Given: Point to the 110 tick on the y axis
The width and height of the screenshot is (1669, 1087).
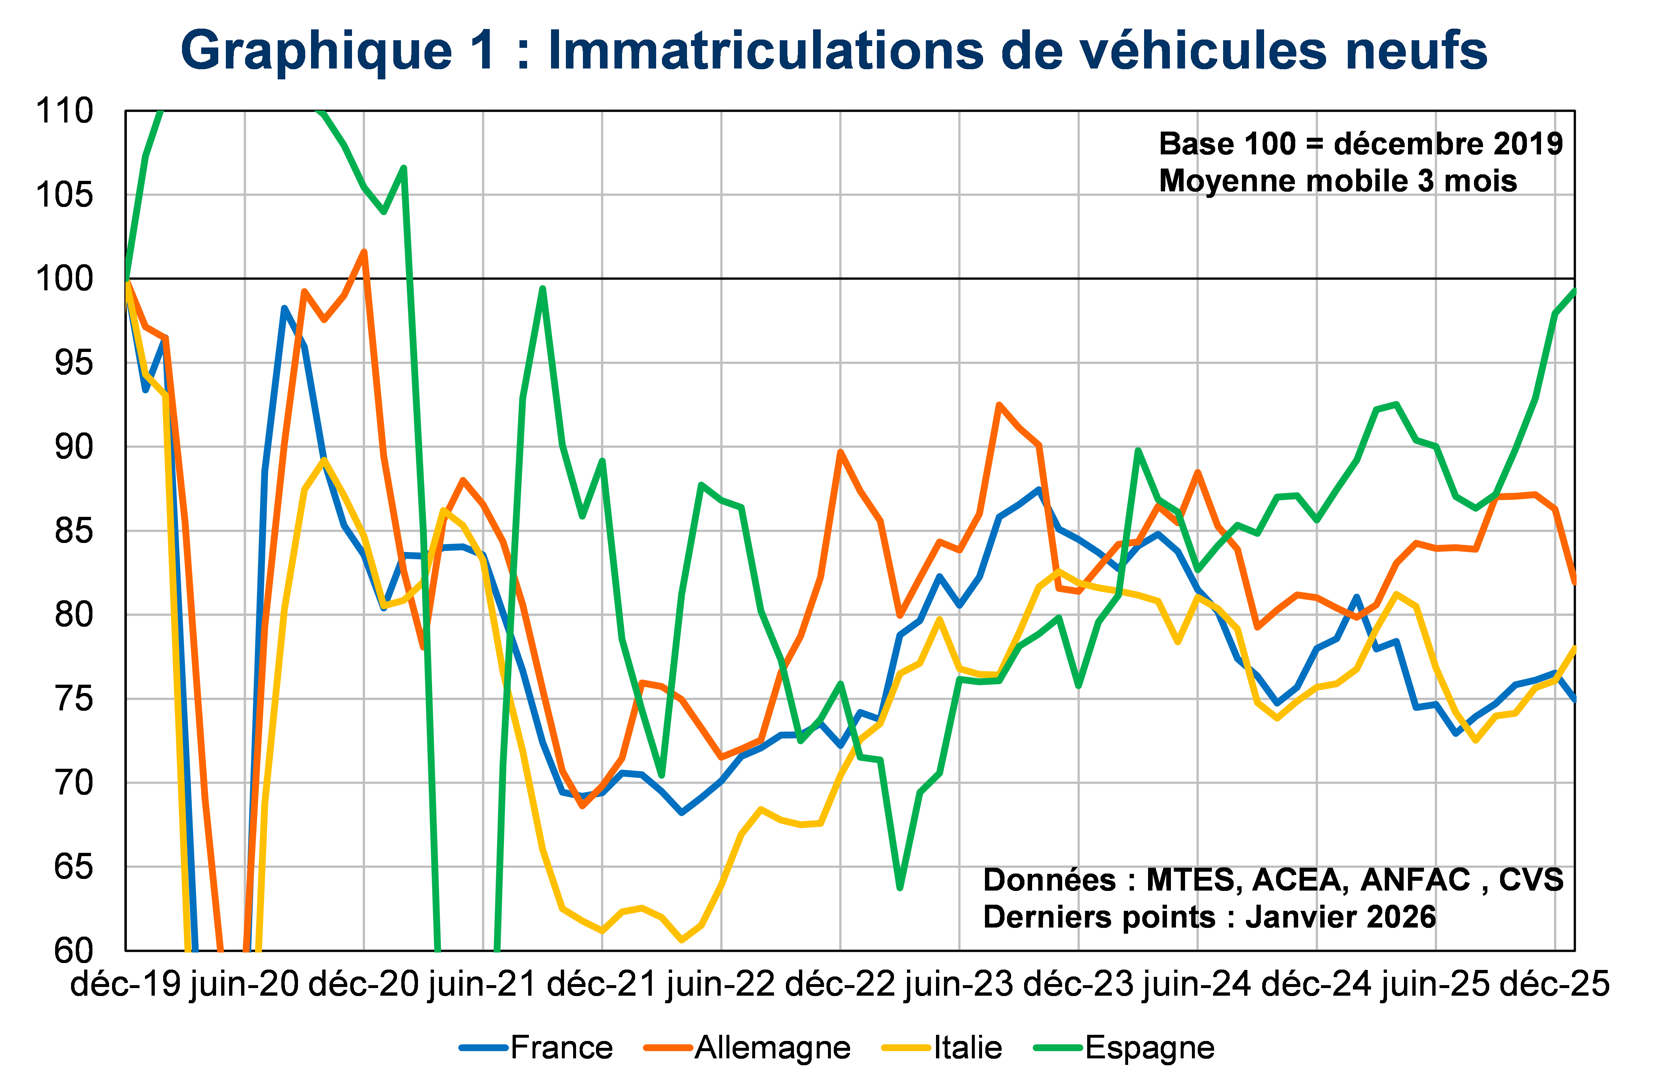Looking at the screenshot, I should pyautogui.click(x=65, y=111).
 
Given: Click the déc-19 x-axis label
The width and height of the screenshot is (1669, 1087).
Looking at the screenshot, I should pyautogui.click(x=126, y=985).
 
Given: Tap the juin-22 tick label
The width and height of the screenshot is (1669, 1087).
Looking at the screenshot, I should pyautogui.click(x=721, y=985).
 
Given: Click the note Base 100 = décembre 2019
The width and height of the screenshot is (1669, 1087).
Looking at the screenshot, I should pyautogui.click(x=1361, y=144).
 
